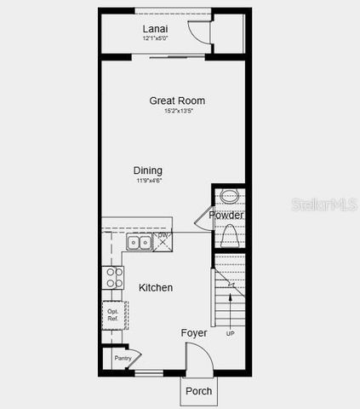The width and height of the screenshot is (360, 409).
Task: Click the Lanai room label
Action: tap(154, 28)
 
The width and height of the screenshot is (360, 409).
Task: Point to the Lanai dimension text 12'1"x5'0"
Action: tap(155, 38)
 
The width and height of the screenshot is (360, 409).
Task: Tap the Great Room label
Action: tap(177, 101)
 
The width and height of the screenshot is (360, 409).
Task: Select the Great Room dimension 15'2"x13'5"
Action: tap(177, 111)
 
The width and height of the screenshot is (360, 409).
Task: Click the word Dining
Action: tap(148, 170)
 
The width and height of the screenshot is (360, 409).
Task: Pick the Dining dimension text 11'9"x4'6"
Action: tap(148, 181)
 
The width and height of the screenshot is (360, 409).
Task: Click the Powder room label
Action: tap(227, 216)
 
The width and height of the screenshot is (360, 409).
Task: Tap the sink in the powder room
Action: tap(229, 196)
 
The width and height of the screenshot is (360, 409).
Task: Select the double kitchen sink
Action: tap(139, 243)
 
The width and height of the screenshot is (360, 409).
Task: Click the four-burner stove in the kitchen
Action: tap(113, 278)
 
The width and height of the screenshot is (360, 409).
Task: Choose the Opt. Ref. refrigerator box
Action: tap(113, 314)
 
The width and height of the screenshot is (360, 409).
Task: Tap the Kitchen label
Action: tap(156, 288)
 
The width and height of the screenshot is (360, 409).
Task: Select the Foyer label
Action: tap(194, 333)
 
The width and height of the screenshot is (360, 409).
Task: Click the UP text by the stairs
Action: tap(230, 333)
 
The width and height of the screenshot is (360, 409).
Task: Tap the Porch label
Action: tap(199, 391)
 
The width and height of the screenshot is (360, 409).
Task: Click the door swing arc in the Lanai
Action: tap(197, 30)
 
